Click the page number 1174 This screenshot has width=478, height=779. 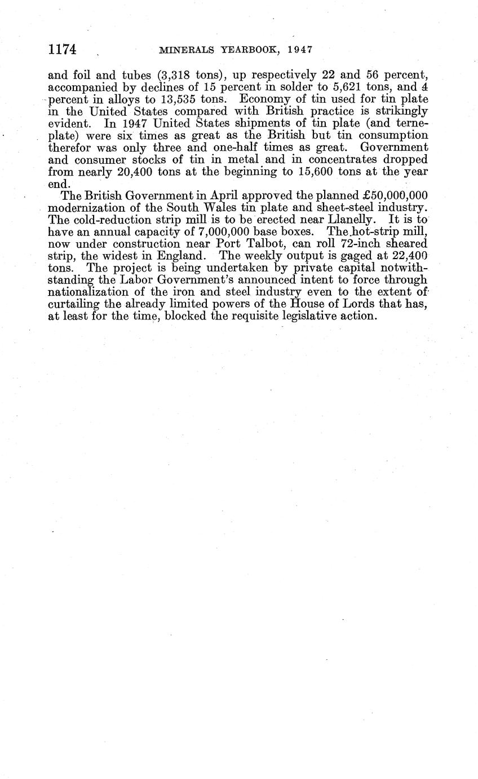(x=62, y=50)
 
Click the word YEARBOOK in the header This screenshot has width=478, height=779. (x=247, y=50)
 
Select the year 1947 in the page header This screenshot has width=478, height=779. (x=299, y=50)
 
